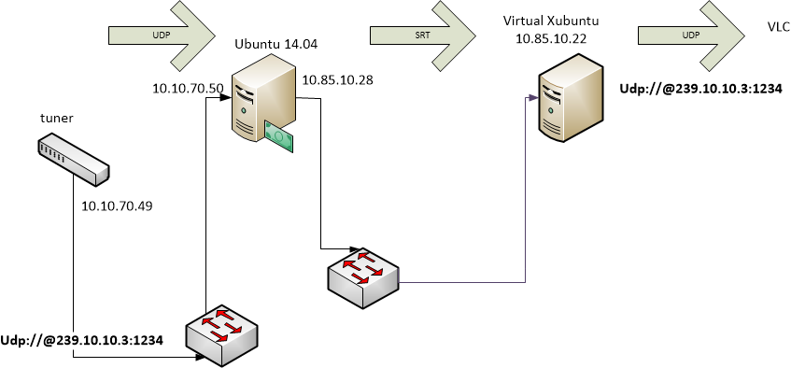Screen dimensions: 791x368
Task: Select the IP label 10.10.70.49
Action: (x=117, y=206)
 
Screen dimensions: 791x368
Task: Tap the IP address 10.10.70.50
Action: (x=188, y=89)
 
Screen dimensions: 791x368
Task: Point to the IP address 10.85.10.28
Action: (x=337, y=79)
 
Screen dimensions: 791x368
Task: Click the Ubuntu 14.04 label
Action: (x=275, y=45)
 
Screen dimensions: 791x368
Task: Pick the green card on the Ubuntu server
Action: (x=279, y=135)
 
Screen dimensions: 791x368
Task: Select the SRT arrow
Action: (x=423, y=35)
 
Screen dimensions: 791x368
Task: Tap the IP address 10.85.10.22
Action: (x=551, y=39)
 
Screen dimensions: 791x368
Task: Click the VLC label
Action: (x=779, y=28)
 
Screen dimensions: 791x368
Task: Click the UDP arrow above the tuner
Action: (x=162, y=35)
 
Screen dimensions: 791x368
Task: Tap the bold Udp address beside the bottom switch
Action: (x=82, y=340)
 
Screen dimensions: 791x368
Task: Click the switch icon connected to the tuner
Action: (x=223, y=335)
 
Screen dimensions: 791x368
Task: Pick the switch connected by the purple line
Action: (x=363, y=277)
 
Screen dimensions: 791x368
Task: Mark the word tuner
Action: (x=56, y=119)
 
